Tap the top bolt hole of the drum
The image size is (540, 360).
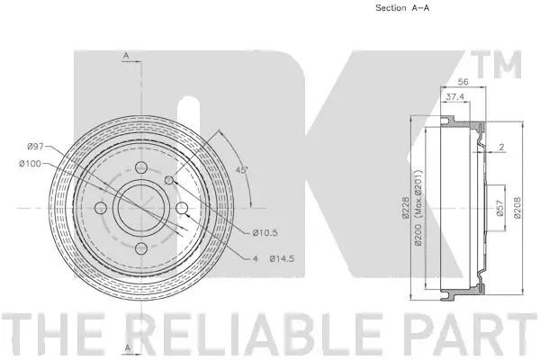[x=140, y=167]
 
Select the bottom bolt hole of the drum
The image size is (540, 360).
[x=140, y=249]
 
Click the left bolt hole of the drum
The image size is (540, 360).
[x=100, y=209]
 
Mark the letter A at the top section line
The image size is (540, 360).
[x=127, y=55]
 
